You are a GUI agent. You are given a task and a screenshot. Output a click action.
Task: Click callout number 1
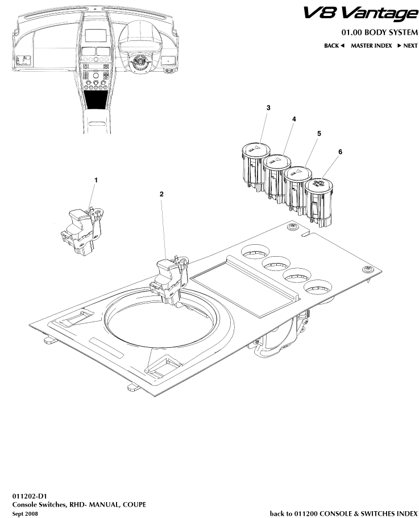[x=96, y=180]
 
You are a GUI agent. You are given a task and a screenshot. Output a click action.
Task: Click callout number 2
[x=161, y=194]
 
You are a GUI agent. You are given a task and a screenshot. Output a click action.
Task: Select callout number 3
[x=268, y=108]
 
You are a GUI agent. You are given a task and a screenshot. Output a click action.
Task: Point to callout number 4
[x=294, y=120]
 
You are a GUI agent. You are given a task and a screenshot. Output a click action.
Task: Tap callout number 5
[x=319, y=133]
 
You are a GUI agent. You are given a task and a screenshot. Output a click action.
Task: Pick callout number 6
[x=340, y=152]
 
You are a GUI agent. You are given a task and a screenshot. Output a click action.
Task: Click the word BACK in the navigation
[x=331, y=46]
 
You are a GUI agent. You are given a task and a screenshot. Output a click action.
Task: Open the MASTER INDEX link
[x=371, y=46]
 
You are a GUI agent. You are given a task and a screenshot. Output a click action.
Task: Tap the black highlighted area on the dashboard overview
[x=98, y=101]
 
